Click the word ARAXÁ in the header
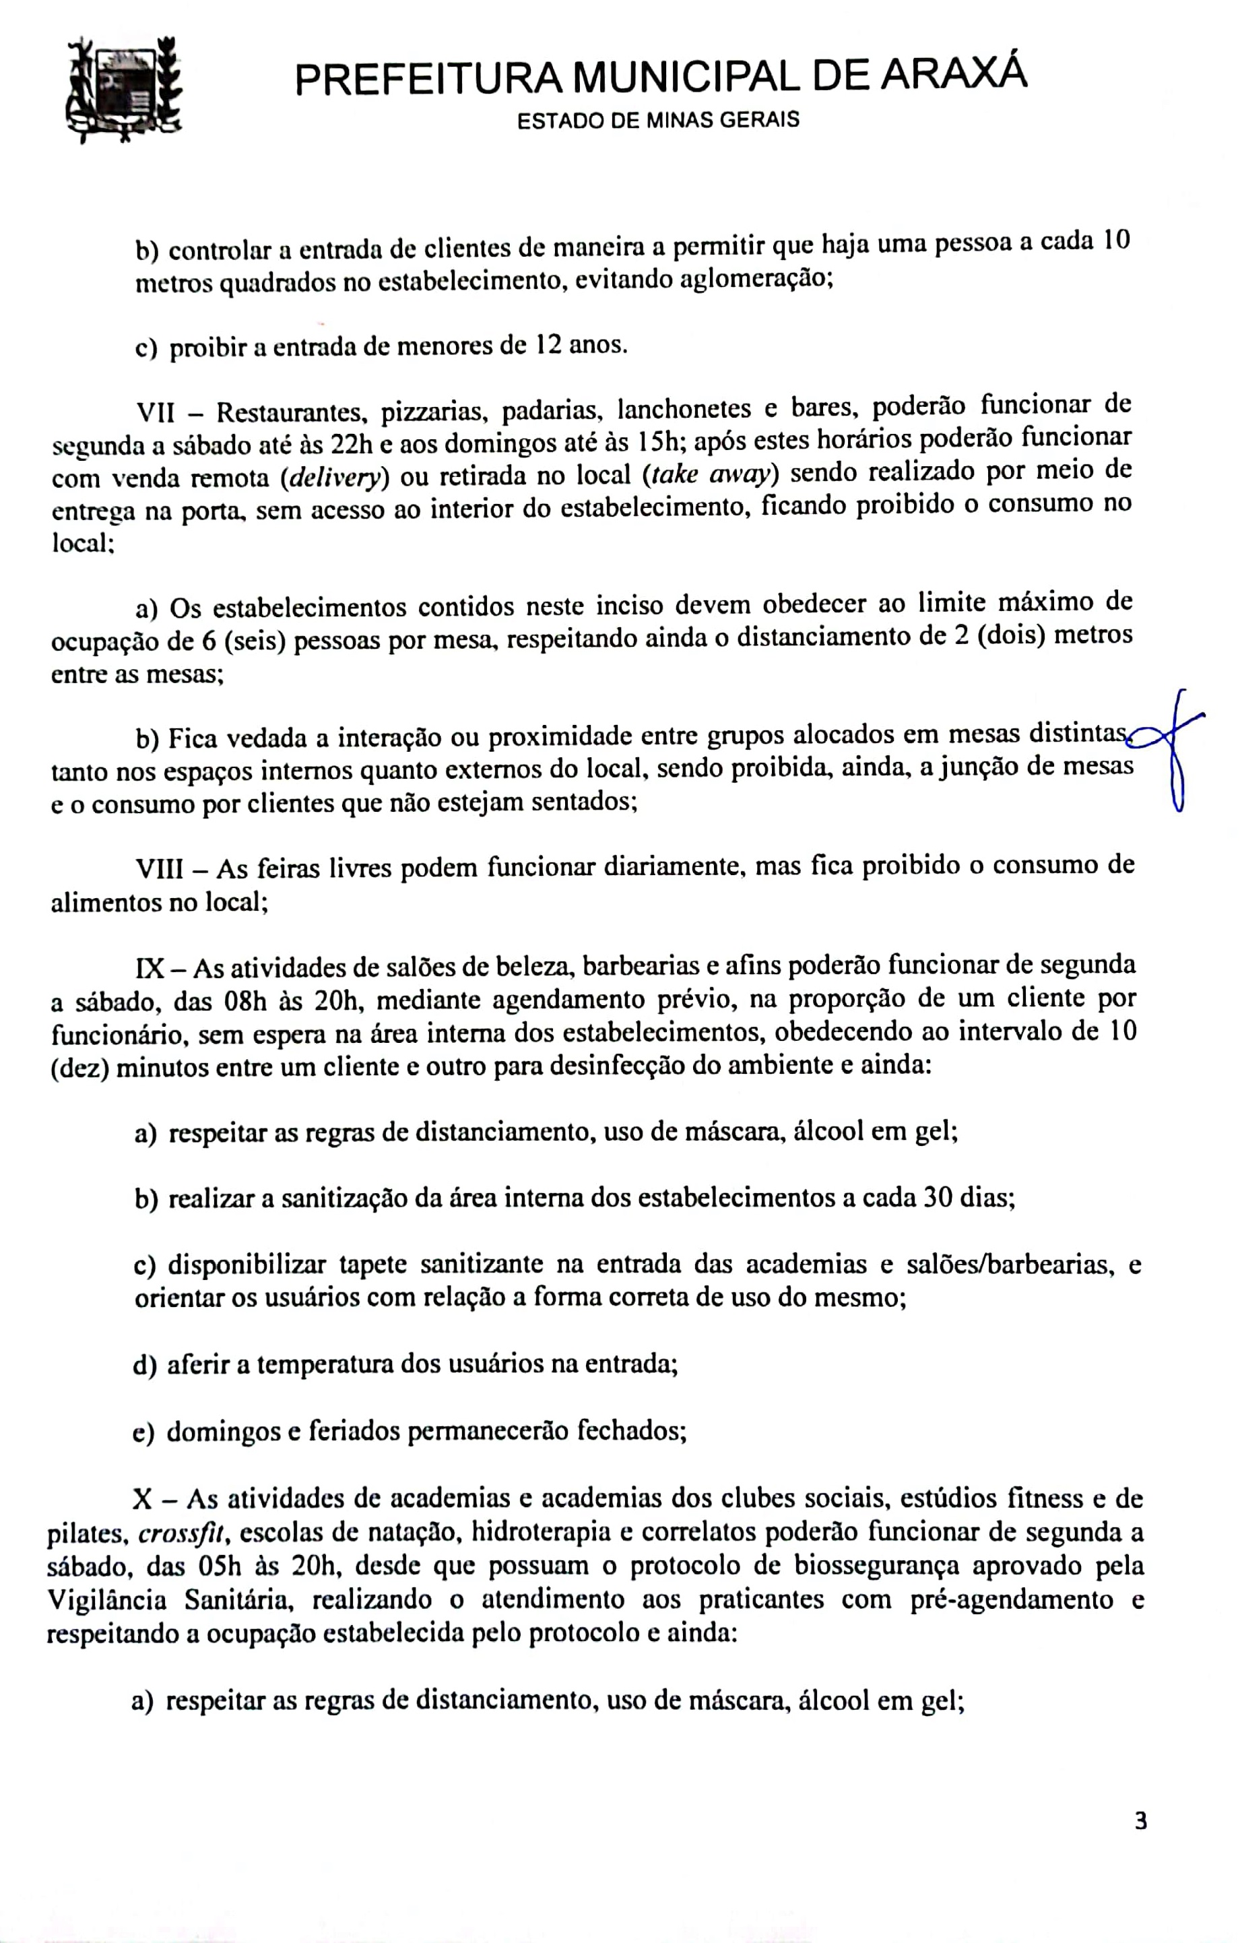point(954,75)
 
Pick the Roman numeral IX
point(151,967)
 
